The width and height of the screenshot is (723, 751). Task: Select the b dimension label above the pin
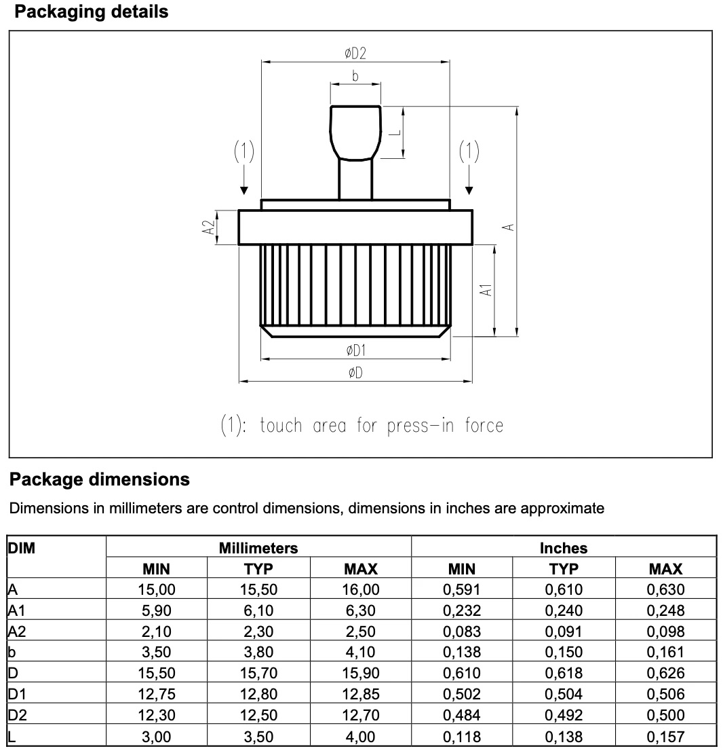pos(355,76)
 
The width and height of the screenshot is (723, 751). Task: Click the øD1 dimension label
pos(356,350)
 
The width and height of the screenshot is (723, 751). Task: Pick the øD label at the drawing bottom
pos(355,373)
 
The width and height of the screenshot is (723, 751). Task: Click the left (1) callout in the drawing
pos(243,152)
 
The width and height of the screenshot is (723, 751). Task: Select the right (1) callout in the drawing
pos(469,152)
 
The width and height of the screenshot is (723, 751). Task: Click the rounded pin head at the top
pos(355,131)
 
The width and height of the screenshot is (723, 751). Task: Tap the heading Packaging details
pos(92,12)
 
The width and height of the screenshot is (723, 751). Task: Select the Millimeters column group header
pos(258,547)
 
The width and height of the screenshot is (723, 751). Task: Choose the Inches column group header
pos(564,547)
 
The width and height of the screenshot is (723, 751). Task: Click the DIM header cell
pos(21,547)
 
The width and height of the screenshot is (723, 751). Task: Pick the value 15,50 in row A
pos(258,590)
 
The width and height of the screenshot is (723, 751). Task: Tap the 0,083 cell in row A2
pos(462,631)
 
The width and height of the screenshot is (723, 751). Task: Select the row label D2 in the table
pos(14,715)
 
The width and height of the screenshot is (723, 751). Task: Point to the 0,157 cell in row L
pos(665,736)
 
